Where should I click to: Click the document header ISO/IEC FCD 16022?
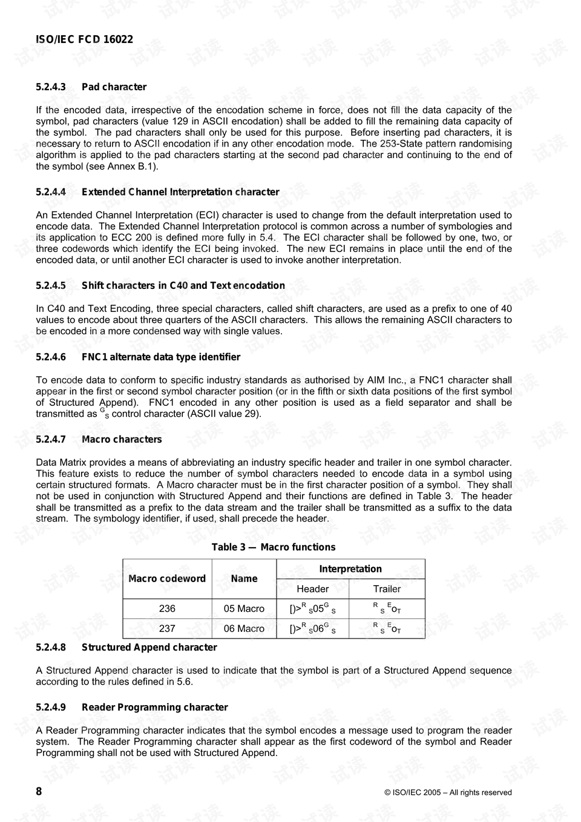[84, 39]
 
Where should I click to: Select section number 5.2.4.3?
[51, 87]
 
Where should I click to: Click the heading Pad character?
[114, 87]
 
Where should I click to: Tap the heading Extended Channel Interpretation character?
[180, 192]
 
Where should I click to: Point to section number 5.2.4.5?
[51, 285]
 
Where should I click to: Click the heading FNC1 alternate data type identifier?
[161, 357]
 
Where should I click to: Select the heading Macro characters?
[122, 439]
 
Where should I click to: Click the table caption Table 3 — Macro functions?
[273, 547]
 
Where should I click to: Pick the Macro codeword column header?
[167, 578]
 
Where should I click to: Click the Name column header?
[244, 578]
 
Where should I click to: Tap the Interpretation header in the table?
[350, 569]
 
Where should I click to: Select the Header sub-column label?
[312, 589]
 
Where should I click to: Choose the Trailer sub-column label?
[387, 589]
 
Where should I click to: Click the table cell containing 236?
[167, 609]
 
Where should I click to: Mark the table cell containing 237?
[167, 629]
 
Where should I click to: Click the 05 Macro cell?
[244, 609]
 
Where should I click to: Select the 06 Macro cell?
[244, 629]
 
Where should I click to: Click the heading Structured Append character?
[149, 647]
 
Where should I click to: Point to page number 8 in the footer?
[39, 792]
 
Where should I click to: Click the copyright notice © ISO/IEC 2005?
[448, 792]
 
